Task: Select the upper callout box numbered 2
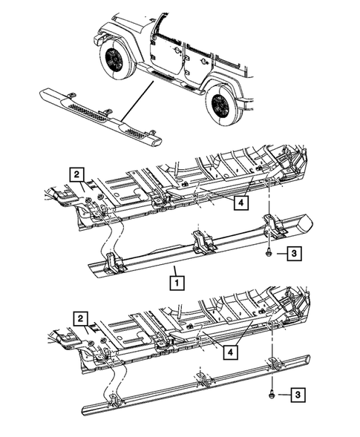[77, 174]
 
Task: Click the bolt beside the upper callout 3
[266, 254]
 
